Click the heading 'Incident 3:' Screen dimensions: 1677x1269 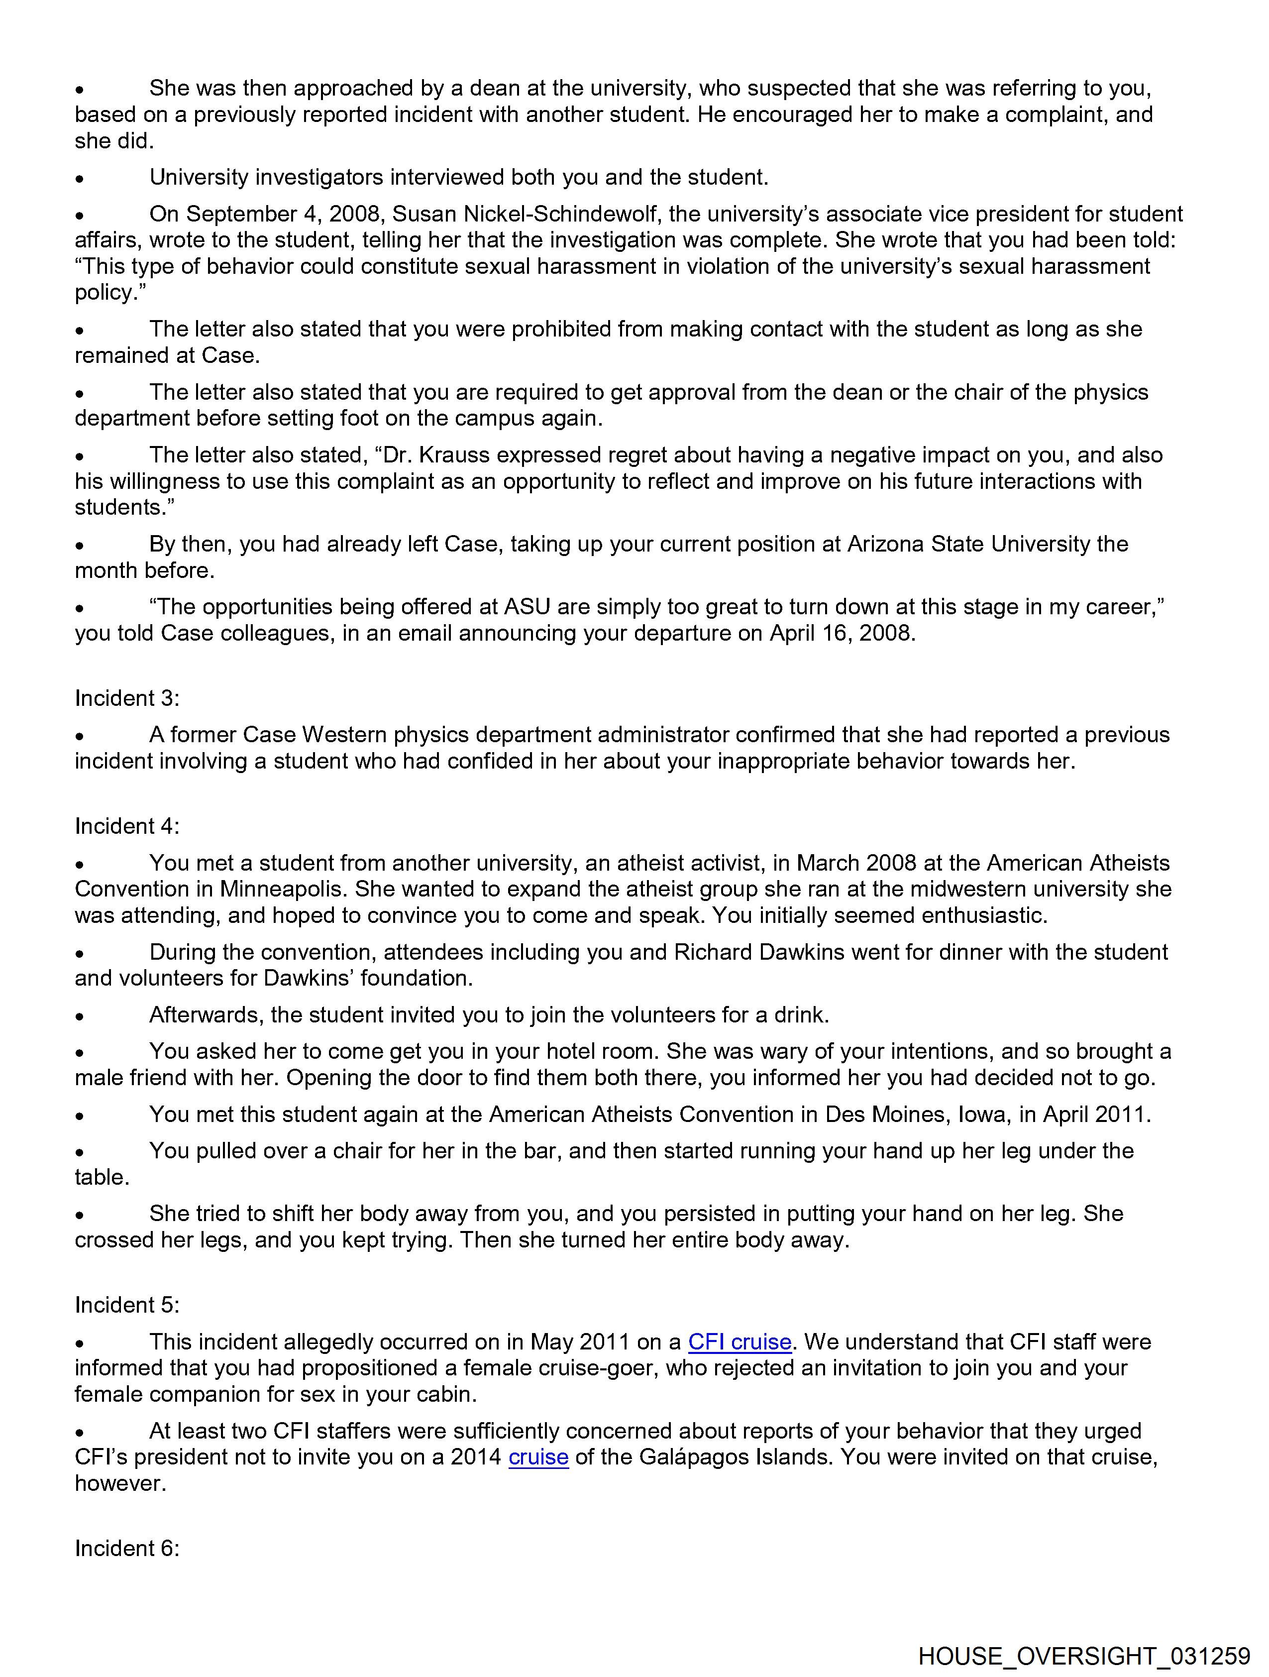[126, 698]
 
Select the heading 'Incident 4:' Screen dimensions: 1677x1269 [126, 826]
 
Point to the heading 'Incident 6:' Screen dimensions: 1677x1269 [126, 1548]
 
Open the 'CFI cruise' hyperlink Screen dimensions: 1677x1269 [739, 1342]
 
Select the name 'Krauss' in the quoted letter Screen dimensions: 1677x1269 [450, 455]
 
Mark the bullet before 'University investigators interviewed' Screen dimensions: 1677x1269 [80, 179]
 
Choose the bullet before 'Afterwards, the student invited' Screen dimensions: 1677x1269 [80, 1016]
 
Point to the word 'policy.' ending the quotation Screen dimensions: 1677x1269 [110, 293]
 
